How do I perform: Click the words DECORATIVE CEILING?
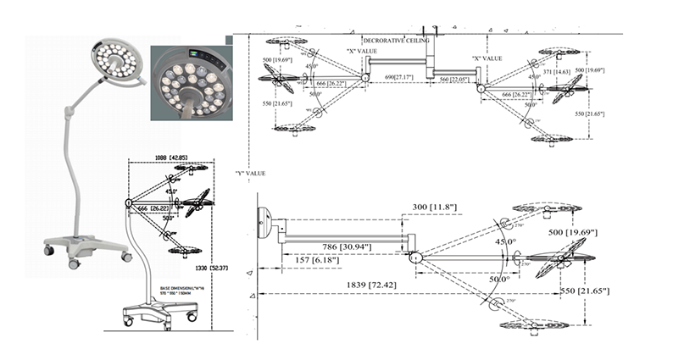click(x=396, y=40)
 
